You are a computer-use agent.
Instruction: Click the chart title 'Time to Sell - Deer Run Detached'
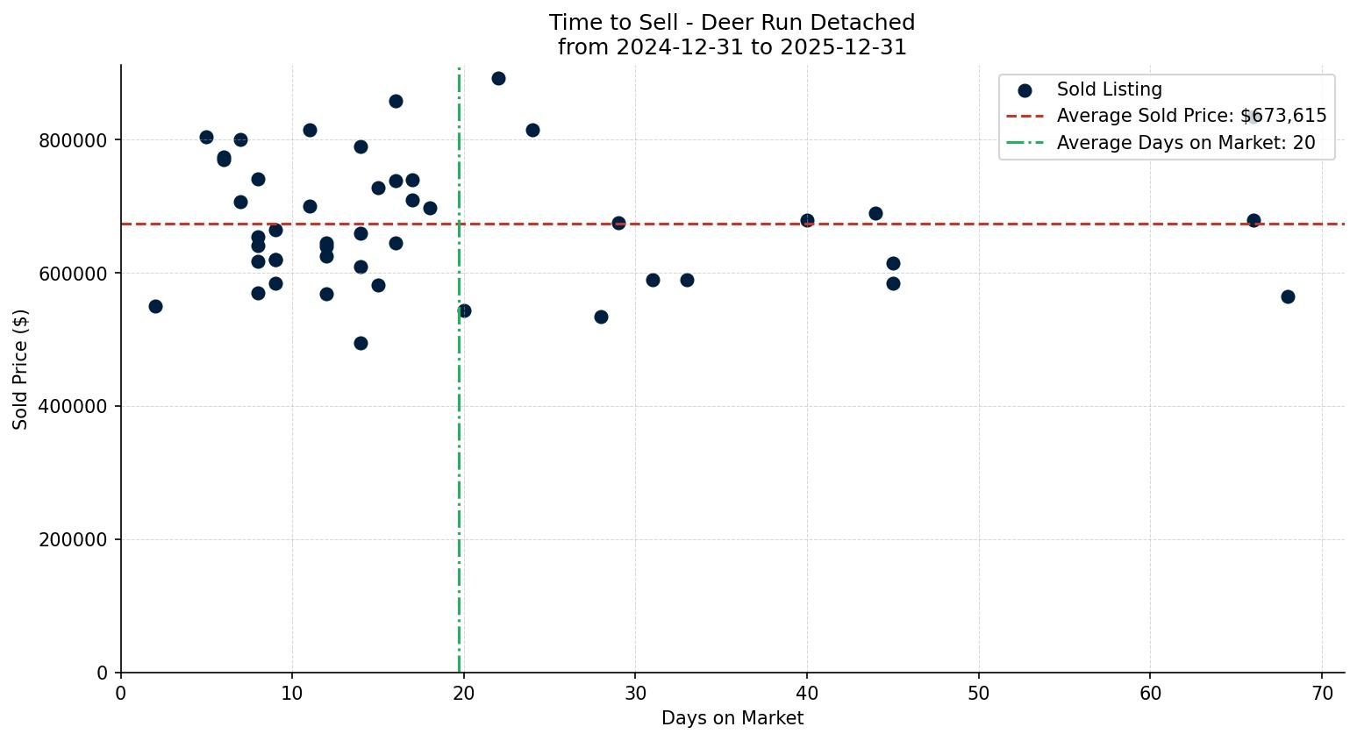[732, 23]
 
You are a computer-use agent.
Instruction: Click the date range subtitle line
[732, 47]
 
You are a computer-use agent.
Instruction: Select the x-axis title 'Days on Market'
[732, 718]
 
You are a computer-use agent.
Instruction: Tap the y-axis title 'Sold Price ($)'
[20, 369]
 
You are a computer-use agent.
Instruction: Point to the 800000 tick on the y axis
[73, 140]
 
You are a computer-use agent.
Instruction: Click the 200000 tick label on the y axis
[73, 539]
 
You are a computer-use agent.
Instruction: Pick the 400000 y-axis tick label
[73, 406]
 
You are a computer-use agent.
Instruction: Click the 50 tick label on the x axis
[978, 694]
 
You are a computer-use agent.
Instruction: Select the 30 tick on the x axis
[635, 694]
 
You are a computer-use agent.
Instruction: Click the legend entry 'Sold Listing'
[1109, 89]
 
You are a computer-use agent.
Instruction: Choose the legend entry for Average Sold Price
[1190, 116]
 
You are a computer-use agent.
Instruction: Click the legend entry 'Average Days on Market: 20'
[1185, 143]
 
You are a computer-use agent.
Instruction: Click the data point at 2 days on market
[155, 306]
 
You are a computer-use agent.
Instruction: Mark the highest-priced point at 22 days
[498, 78]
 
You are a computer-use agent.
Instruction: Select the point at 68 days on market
[1288, 296]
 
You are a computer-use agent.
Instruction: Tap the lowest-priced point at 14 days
[361, 343]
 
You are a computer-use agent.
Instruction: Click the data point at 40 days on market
[807, 220]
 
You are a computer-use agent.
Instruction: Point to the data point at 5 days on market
[206, 137]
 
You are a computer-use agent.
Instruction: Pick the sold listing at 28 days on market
[601, 317]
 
